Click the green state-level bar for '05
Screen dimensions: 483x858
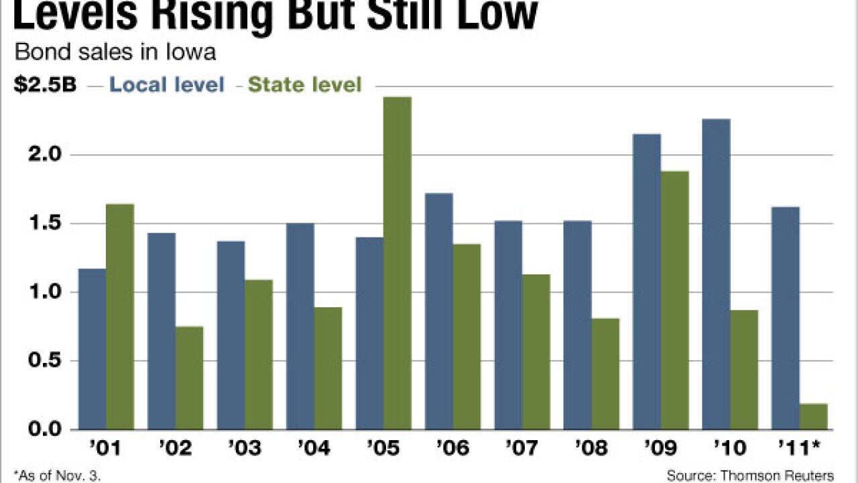coord(397,263)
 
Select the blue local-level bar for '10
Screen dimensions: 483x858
coord(717,274)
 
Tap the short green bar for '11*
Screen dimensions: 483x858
coord(814,416)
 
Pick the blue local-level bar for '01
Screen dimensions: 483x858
coord(93,349)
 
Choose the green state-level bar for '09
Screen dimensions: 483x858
coord(675,300)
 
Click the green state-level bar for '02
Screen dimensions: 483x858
coord(190,378)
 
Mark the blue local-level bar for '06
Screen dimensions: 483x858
coord(439,311)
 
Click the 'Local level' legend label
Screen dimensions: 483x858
coord(167,85)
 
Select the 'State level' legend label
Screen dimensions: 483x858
coord(304,85)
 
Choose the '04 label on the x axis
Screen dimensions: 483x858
coord(314,447)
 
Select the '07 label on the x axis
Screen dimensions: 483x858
coord(522,447)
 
